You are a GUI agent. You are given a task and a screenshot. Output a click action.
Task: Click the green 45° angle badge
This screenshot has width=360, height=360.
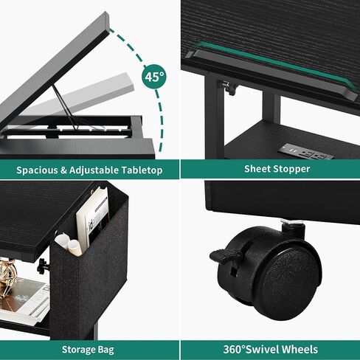pos(154,77)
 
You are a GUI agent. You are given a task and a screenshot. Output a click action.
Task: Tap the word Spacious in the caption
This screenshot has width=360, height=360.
pos(37,170)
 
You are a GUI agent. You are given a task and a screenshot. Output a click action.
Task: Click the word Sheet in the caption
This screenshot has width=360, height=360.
pos(257,169)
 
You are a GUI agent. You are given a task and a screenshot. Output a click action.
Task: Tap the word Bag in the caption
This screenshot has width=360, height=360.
pos(105,350)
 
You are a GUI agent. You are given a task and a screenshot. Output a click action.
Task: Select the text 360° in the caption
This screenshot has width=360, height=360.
pos(235,349)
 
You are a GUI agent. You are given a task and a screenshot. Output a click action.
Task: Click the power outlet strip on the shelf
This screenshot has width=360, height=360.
pos(306,152)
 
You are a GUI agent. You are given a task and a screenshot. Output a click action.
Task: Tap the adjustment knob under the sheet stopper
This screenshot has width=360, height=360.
pos(230,88)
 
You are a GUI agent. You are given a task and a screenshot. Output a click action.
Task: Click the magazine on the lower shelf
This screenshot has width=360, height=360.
pos(24,301)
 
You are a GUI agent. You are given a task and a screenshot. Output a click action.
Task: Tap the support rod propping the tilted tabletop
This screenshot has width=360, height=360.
pos(64,106)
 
